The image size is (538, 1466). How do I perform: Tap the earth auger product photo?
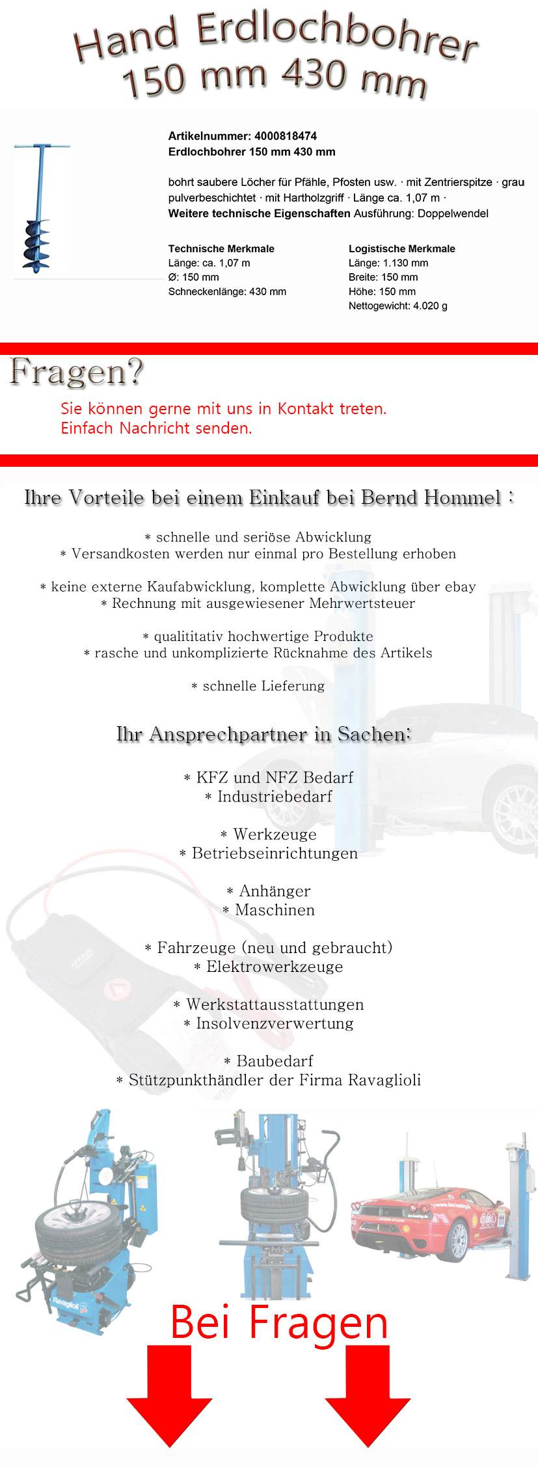[x=40, y=208]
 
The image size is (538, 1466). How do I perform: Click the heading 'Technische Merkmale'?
[x=221, y=248]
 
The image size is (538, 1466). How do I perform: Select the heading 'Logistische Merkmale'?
[x=401, y=248]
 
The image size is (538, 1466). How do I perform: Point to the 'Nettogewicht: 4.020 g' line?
[x=397, y=306]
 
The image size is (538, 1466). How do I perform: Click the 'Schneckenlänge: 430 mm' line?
[x=227, y=291]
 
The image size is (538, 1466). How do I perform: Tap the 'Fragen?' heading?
[x=76, y=373]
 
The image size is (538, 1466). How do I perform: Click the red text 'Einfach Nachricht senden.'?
[x=156, y=428]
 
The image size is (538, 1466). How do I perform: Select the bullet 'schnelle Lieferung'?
[x=263, y=686]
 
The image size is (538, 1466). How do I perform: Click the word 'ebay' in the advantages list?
[x=460, y=586]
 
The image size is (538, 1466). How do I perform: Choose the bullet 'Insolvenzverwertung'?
[x=274, y=1023]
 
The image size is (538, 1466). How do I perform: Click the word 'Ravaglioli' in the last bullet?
[x=384, y=1080]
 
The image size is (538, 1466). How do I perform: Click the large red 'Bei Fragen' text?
[x=279, y=1322]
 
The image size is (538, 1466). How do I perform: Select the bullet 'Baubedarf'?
[x=274, y=1061]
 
